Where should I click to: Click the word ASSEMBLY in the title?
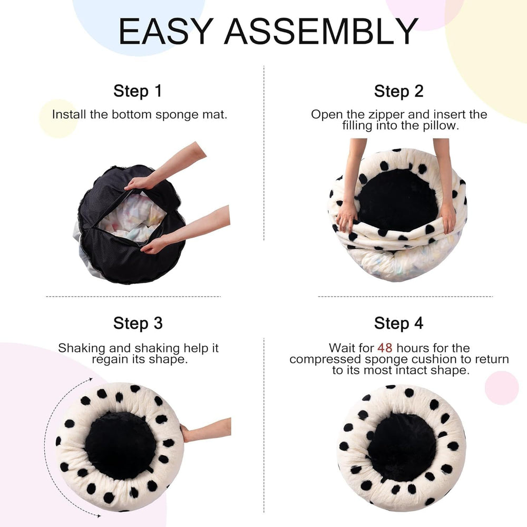click(321, 32)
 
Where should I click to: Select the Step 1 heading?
click(138, 91)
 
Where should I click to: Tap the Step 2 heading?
click(398, 91)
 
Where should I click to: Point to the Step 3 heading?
click(138, 323)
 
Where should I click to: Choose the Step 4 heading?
click(398, 323)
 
